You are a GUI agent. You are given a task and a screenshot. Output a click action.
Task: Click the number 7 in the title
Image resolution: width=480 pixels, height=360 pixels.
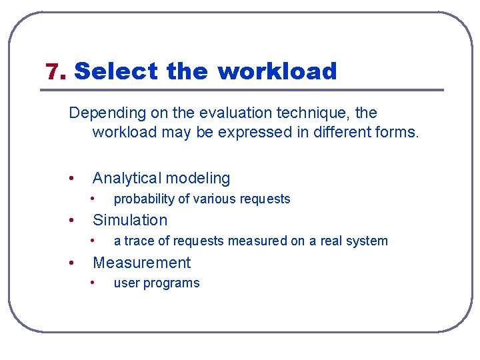[x=53, y=71]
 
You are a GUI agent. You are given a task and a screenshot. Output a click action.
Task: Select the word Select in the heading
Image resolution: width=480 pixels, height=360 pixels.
[x=116, y=71]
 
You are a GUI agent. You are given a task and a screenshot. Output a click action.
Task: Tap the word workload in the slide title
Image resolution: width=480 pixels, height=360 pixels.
[x=277, y=71]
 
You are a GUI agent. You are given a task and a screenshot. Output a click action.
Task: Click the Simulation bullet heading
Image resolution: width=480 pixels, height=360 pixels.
[x=130, y=220]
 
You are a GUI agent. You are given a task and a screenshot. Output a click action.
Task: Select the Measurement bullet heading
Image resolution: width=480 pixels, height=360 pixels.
[x=141, y=263]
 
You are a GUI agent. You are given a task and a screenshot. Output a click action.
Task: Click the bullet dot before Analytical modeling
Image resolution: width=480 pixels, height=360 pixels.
[x=71, y=179]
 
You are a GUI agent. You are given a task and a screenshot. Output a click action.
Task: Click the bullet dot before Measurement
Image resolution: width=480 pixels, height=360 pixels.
[x=71, y=263]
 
